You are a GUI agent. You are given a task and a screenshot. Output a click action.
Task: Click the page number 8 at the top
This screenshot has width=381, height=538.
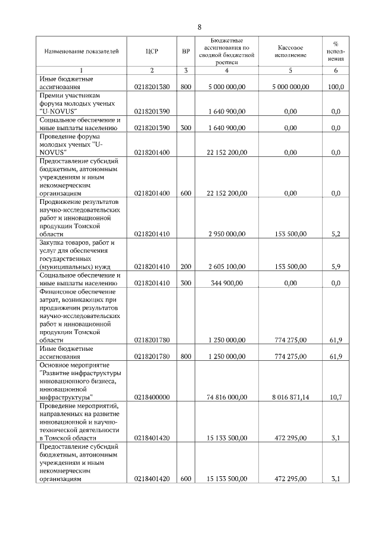pyautogui.click(x=199, y=27)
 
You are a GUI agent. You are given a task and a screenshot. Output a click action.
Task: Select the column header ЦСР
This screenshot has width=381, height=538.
pyautogui.click(x=151, y=52)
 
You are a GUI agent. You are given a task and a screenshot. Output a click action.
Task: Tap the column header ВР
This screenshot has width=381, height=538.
pyautogui.click(x=186, y=52)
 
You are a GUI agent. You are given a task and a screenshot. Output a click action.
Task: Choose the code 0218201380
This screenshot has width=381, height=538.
pyautogui.click(x=152, y=87)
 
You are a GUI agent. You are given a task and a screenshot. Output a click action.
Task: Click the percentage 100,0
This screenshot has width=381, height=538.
pyautogui.click(x=336, y=87)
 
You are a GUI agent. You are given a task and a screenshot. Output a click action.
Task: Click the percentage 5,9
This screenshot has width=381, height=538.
pyautogui.click(x=336, y=267)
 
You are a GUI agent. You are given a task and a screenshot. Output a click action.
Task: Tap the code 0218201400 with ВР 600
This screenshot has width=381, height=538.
pyautogui.click(x=152, y=193)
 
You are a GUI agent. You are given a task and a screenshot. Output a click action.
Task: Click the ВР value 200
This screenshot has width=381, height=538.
pyautogui.click(x=186, y=267)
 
